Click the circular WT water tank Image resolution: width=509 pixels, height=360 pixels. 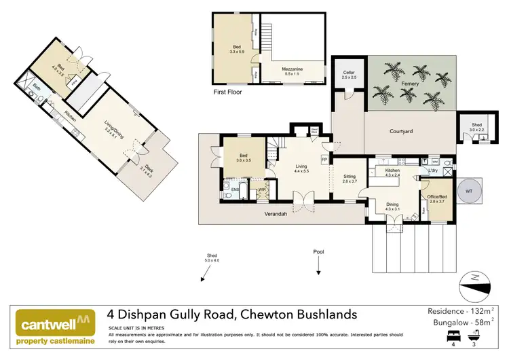point(468,191)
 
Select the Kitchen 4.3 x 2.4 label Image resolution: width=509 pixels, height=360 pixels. point(393,173)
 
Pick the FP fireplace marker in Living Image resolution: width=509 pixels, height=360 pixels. point(324,160)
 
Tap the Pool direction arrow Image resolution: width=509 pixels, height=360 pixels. point(318,272)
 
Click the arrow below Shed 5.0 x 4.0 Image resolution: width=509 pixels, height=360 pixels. point(202,277)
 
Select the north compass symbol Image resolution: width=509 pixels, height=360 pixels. point(474,283)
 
